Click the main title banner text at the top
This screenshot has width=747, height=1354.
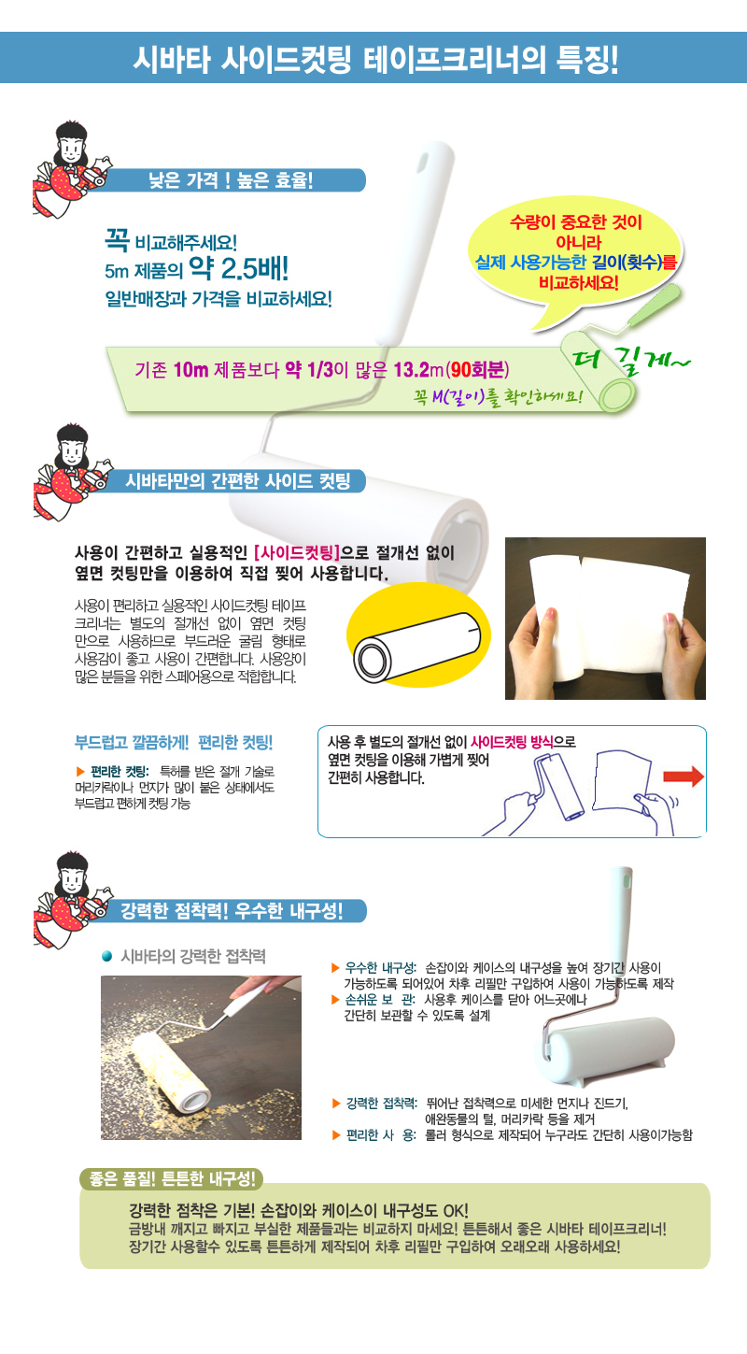coord(375,59)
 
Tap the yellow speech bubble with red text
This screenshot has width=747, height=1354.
coord(575,257)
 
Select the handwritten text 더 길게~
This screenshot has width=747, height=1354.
coord(630,362)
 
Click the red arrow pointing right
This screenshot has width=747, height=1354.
coord(684,777)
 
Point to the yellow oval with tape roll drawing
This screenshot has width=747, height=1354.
coord(418,635)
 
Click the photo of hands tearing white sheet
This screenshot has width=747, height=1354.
coord(605,619)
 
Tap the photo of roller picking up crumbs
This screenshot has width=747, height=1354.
coord(201,1057)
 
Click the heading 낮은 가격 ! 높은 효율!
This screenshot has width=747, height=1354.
coord(231,180)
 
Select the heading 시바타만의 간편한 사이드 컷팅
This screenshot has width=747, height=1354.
coord(237,481)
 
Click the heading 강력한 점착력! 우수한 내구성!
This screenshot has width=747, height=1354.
coord(232,910)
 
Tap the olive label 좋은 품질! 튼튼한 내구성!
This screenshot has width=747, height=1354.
coord(172,1177)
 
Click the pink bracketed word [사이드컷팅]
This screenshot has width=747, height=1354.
coord(297,552)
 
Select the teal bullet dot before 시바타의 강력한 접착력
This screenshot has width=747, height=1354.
coord(106,956)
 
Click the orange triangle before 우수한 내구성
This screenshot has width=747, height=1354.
coord(335,968)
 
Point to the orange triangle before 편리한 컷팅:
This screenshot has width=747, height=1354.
coord(80,771)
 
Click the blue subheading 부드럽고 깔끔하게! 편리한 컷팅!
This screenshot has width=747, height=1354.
coord(174,742)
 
